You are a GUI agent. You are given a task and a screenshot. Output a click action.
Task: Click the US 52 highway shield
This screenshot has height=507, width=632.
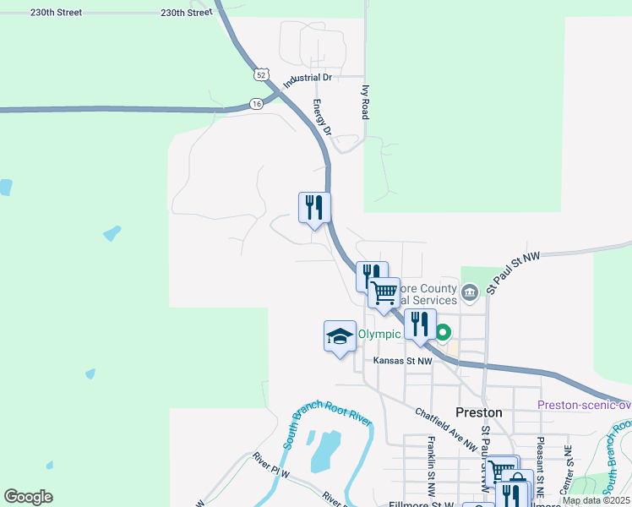(x=259, y=75)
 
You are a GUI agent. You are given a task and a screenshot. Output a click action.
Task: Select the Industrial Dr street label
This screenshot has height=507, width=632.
(x=308, y=79)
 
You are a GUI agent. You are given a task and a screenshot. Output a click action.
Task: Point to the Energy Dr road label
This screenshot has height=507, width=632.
(x=321, y=119)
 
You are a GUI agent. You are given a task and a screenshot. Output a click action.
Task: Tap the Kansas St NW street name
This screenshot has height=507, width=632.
(x=403, y=361)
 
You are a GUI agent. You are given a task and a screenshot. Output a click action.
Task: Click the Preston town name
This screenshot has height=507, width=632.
(x=478, y=412)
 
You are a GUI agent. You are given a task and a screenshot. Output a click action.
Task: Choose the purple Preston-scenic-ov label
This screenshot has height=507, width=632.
(x=585, y=405)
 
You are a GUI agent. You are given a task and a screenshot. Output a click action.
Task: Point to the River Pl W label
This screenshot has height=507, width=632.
(x=271, y=466)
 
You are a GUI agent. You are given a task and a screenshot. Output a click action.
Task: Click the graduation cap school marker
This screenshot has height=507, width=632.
(x=340, y=335)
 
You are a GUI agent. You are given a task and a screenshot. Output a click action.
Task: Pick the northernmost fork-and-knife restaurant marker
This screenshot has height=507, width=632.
(x=314, y=207)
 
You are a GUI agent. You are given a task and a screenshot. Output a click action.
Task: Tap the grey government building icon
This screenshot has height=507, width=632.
(x=471, y=292)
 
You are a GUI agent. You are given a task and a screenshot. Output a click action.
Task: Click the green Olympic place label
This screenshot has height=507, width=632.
(x=378, y=334)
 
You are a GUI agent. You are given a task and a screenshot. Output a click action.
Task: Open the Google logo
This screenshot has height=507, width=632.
(x=28, y=497)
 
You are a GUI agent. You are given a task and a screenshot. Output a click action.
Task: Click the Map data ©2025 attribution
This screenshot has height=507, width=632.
(x=594, y=500)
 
